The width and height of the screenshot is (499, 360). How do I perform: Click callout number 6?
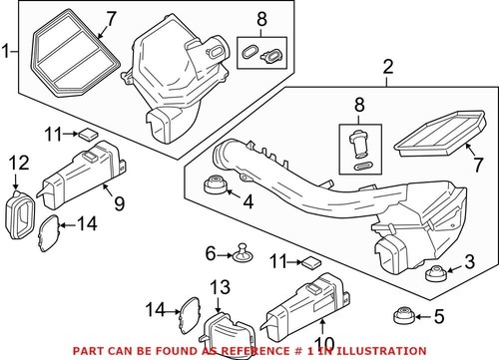[x=210, y=254]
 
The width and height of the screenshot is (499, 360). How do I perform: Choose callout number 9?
[x=118, y=205]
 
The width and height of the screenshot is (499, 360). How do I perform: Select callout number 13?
[x=220, y=286]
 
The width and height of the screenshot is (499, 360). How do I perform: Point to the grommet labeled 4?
[x=212, y=186]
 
